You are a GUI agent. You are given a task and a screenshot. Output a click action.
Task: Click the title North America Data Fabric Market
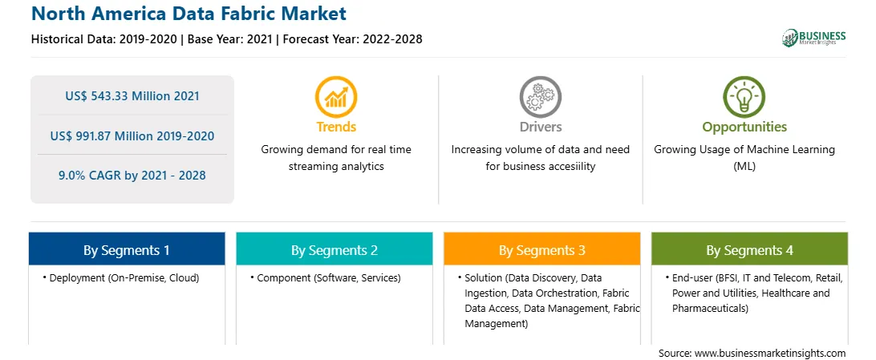point(189,14)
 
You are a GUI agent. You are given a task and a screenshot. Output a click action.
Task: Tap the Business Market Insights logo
point(814,38)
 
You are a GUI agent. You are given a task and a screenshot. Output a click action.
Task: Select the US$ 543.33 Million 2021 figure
point(132,95)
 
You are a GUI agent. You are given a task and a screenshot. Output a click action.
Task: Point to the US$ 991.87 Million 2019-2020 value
point(132,136)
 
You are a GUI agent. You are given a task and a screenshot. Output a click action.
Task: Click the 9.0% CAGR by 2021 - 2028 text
point(132,176)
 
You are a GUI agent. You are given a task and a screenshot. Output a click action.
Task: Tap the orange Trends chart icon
point(336,97)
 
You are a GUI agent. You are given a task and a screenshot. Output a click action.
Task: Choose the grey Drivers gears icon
point(540,97)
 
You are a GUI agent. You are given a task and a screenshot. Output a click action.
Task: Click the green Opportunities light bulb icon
point(744,97)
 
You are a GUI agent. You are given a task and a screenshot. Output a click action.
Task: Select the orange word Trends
point(336,127)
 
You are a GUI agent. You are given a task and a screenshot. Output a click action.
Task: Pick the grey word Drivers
point(540,127)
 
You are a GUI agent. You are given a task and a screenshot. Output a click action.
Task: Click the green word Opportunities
point(744,127)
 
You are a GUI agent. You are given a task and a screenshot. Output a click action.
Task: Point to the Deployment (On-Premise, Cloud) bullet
point(120,277)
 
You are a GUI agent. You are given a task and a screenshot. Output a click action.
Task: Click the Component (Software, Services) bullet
point(325,277)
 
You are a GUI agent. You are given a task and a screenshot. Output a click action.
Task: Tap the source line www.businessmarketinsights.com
point(752,353)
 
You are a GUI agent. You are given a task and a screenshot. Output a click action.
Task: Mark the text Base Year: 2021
point(230,39)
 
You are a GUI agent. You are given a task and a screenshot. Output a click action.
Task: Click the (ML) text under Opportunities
point(744,166)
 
